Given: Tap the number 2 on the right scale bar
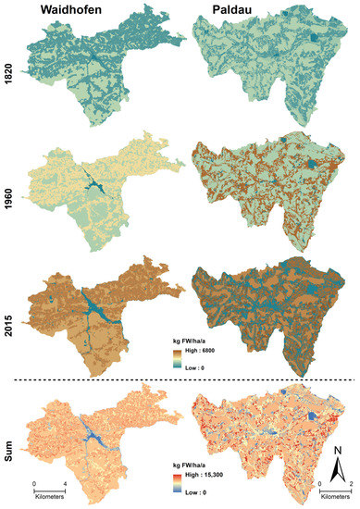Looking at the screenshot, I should click(x=350, y=485).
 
